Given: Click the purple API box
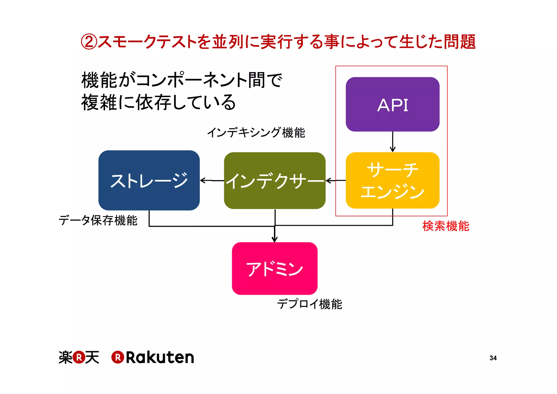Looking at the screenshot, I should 392,104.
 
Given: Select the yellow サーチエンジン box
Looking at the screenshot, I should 392,180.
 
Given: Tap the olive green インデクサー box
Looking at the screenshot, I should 274,181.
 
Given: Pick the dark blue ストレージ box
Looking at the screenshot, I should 149,180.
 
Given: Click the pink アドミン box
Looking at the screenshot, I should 274,269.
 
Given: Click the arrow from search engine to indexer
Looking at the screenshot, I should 336,180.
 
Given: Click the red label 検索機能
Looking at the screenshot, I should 445,226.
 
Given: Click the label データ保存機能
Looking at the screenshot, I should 98,220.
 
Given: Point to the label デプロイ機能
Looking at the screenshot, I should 309,304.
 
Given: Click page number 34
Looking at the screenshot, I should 493,358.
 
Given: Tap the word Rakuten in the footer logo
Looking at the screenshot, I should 160,358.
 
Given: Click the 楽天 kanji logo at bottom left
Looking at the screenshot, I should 79,357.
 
